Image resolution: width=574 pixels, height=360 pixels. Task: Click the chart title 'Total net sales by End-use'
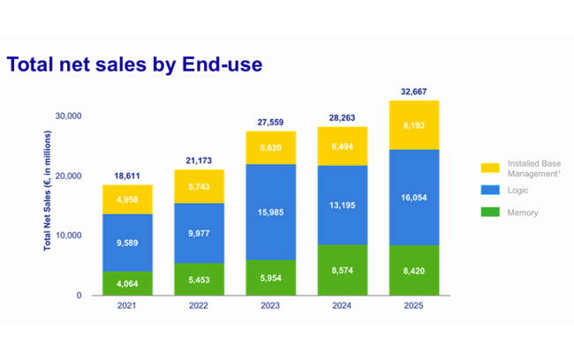click(x=134, y=64)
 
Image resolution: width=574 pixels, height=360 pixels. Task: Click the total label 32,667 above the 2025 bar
click(x=413, y=91)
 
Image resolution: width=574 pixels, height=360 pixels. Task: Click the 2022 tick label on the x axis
click(x=200, y=306)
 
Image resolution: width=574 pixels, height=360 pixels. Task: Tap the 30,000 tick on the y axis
click(x=68, y=116)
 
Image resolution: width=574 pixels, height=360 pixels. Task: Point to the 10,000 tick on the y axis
click(x=68, y=236)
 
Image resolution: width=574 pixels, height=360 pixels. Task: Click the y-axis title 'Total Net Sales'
click(x=48, y=190)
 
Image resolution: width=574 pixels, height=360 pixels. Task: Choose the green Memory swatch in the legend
click(x=490, y=212)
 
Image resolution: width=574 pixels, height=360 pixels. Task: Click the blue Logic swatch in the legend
click(x=490, y=190)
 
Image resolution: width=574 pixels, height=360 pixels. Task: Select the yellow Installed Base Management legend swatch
click(x=490, y=168)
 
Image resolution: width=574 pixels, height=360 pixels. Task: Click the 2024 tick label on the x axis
click(x=343, y=306)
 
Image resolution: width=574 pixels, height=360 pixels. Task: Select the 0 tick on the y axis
click(x=79, y=296)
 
